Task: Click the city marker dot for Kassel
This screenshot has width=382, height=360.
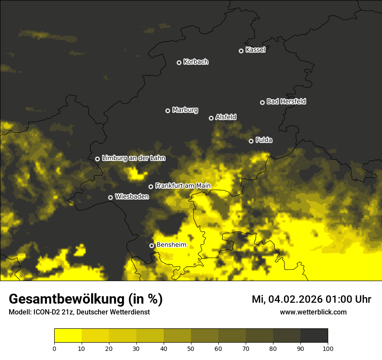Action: coord(241,51)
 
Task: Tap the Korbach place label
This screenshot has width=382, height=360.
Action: coord(196,62)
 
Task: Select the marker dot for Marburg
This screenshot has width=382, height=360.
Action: coord(168,111)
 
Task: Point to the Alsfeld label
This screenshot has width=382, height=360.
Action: coord(226,117)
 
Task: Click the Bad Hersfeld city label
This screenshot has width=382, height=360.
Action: coord(286,101)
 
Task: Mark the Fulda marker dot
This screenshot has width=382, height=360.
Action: coord(251,141)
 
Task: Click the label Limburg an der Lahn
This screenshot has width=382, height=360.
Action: coord(133,158)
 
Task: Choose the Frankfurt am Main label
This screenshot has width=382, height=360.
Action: coord(183,186)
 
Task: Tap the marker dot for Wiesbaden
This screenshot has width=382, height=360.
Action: coord(110,197)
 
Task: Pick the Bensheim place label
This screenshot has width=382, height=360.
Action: coord(171,245)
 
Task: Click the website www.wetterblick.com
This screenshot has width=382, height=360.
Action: coord(313,312)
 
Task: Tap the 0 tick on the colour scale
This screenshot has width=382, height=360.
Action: coord(54,348)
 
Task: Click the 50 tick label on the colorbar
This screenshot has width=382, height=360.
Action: coord(191,348)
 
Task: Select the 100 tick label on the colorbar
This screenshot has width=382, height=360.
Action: coord(328,348)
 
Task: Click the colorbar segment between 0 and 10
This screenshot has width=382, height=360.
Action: coord(68,336)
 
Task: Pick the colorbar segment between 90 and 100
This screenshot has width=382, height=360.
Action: coord(314,336)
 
